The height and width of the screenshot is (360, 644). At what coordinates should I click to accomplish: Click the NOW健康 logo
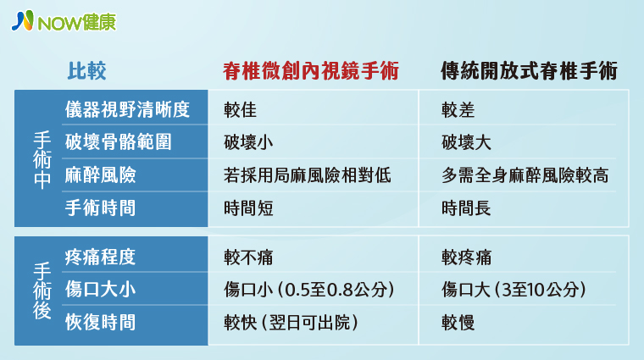[64, 21]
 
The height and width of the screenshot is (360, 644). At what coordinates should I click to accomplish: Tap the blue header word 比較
[86, 70]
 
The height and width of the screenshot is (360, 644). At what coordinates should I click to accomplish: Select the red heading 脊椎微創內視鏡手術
[311, 70]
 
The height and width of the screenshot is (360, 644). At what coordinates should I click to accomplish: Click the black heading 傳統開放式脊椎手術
[529, 70]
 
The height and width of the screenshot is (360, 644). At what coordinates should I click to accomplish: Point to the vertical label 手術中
[42, 160]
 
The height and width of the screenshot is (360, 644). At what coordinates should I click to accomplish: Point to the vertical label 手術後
[42, 291]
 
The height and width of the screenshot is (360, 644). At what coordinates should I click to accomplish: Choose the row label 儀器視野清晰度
[127, 109]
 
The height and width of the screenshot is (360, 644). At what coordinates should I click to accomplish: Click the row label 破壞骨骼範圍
[119, 142]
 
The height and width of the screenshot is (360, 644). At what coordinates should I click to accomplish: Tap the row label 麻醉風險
[100, 175]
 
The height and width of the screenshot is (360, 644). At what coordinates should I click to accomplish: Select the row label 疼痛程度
[100, 258]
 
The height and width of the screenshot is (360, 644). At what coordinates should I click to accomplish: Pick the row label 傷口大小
[100, 290]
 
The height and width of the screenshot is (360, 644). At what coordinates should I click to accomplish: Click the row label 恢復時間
[100, 322]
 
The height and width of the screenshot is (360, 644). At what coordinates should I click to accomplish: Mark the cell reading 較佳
[241, 110]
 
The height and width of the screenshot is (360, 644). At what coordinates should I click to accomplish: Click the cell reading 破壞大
[466, 142]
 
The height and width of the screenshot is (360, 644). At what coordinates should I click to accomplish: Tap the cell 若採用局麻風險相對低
[308, 175]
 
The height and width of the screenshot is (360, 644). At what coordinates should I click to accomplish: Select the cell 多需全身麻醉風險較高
[525, 175]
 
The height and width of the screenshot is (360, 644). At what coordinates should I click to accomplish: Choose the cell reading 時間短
[248, 208]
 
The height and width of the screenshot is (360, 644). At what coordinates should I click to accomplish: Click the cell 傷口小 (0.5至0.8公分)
[309, 290]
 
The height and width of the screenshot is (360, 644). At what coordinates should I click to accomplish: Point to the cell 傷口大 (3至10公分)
[514, 290]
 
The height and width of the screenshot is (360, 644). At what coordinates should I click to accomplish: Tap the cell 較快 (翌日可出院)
[291, 323]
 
